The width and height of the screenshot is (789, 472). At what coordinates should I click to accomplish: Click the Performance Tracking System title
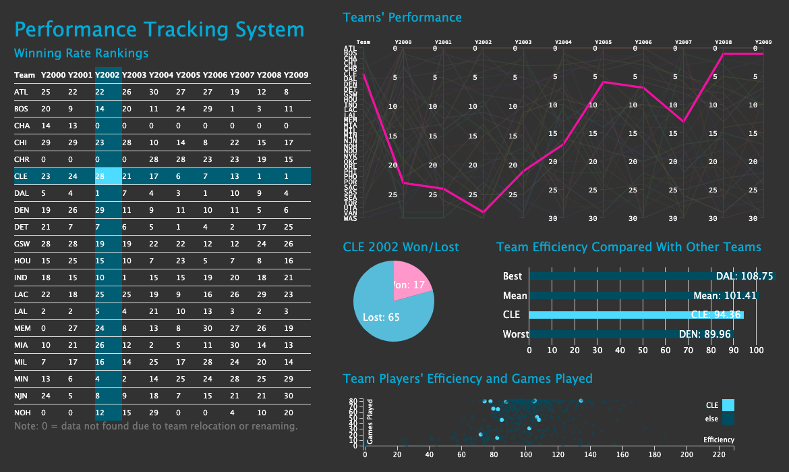(x=159, y=30)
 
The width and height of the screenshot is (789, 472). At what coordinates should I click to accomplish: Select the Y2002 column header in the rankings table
(x=108, y=75)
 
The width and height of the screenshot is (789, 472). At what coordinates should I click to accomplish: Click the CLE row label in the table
(x=21, y=176)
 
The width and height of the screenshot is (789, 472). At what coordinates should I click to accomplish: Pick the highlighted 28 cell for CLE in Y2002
(x=100, y=176)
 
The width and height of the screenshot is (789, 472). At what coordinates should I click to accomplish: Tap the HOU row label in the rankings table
(x=22, y=261)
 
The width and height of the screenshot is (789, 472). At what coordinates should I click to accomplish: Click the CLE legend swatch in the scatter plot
(x=728, y=405)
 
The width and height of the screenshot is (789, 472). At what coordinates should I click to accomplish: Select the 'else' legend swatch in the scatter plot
(x=728, y=419)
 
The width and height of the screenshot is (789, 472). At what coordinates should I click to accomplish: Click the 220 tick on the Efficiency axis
(x=718, y=454)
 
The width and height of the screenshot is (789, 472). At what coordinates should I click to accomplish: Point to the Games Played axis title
(x=370, y=422)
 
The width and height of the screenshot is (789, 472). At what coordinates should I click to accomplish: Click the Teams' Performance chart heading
(x=403, y=18)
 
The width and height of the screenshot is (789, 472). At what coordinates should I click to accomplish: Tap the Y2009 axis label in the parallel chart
(x=763, y=42)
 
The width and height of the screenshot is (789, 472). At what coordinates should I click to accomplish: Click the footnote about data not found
(x=156, y=426)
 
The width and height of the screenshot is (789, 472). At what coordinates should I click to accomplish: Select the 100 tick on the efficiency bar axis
(x=756, y=350)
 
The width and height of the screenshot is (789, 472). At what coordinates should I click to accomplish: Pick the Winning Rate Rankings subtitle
(x=81, y=53)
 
